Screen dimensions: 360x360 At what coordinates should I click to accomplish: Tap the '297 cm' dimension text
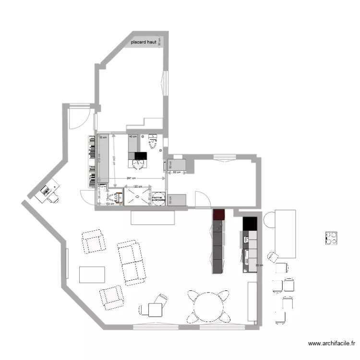(x=130, y=179)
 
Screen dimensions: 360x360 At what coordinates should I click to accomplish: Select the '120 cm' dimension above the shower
(x=137, y=186)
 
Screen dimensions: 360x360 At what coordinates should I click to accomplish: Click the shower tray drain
(x=137, y=196)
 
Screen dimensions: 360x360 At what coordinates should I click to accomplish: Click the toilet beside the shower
(x=116, y=197)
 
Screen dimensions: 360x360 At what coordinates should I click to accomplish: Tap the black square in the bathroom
(x=140, y=156)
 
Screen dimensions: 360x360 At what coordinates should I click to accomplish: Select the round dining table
(x=208, y=305)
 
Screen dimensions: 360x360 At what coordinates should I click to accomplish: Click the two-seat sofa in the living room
(x=131, y=262)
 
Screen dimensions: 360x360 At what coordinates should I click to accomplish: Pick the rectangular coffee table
(x=92, y=274)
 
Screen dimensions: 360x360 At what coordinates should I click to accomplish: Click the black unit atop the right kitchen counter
(x=250, y=223)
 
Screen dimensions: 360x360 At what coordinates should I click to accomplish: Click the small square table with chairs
(x=155, y=310)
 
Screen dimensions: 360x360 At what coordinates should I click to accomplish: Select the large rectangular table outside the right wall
(x=284, y=234)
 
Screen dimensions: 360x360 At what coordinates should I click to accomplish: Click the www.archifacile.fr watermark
(x=331, y=343)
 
